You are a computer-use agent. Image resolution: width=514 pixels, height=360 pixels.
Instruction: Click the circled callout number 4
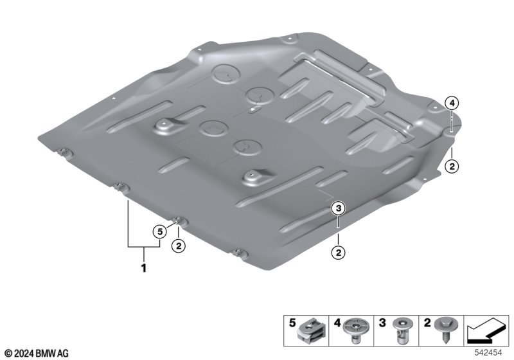click(452, 104)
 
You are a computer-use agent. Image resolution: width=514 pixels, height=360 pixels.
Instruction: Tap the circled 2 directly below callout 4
click(452, 166)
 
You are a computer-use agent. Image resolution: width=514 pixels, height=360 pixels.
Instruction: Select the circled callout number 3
click(338, 208)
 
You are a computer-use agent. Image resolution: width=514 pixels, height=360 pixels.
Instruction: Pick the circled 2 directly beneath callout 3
click(338, 253)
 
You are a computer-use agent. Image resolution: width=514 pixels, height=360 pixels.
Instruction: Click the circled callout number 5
click(159, 232)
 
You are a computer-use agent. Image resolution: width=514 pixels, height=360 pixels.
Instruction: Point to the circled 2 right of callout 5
click(179, 246)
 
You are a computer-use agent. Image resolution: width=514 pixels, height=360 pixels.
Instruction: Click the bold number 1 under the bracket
click(143, 268)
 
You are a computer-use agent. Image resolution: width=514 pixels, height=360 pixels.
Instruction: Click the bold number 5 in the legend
click(292, 323)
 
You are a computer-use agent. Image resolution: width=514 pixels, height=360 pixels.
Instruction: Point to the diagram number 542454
click(488, 353)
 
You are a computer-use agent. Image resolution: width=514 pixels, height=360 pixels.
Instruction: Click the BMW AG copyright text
click(37, 354)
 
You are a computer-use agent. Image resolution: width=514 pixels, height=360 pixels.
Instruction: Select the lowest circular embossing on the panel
click(248, 148)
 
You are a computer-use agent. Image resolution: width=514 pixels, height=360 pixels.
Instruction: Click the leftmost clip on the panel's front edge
click(65, 152)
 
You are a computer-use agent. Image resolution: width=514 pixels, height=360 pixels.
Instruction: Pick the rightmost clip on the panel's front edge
click(239, 253)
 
